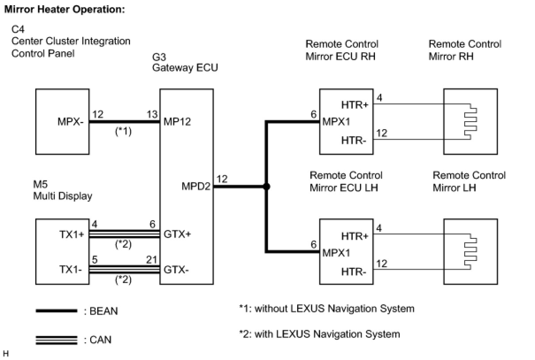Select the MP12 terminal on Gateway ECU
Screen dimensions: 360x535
pos(177,122)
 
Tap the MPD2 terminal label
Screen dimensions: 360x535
pos(196,186)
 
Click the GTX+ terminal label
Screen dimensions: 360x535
pos(178,234)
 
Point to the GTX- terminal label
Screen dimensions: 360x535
pos(176,270)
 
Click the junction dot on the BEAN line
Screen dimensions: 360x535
pos(266,187)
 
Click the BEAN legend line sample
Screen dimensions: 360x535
pos(56,311)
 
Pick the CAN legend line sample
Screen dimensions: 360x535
pos(56,340)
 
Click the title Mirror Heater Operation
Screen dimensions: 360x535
pos(64,9)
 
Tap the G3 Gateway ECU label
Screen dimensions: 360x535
pos(185,63)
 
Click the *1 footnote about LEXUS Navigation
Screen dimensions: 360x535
pos(326,308)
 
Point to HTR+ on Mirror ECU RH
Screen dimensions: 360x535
pos(355,105)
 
